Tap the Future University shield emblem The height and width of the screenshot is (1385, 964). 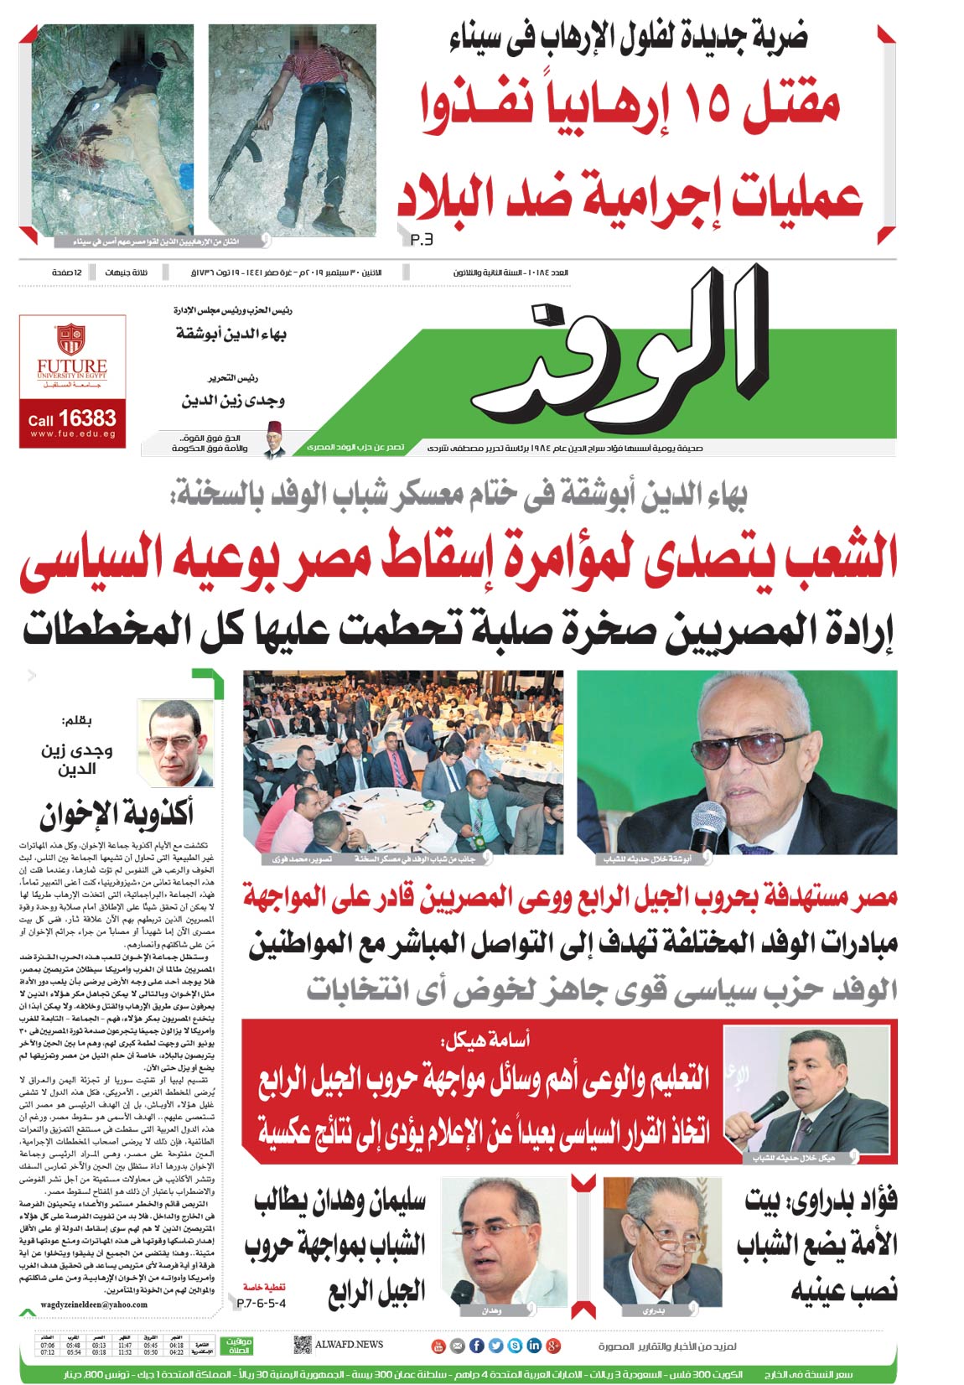point(71,339)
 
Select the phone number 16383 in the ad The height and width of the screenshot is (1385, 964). point(87,418)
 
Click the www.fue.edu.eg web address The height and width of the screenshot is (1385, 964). point(72,434)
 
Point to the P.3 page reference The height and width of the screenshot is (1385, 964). point(422,241)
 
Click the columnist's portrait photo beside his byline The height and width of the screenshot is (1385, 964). point(175,744)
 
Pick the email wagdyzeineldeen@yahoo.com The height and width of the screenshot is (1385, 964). point(94,1305)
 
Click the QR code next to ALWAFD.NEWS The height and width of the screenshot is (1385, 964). point(303,1345)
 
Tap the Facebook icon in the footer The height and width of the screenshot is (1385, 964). point(476,1346)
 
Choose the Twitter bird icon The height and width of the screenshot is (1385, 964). point(495,1346)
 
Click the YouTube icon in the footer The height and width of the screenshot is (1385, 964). point(438,1346)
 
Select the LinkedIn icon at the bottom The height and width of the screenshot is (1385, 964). point(534,1346)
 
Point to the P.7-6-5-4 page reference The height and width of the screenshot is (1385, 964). point(261,1304)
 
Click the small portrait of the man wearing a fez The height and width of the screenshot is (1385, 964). point(272,438)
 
